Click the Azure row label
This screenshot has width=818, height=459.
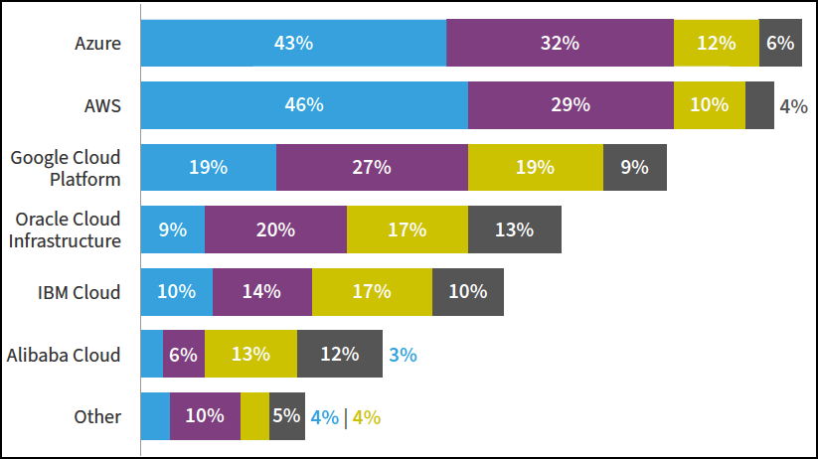click(x=97, y=43)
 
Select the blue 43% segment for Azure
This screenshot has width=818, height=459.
click(x=293, y=43)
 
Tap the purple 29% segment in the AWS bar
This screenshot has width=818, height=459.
click(x=571, y=105)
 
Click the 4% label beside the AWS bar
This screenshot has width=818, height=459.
click(x=793, y=105)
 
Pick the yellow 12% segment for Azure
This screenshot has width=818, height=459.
click(x=716, y=43)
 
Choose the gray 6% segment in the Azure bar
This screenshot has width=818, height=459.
click(x=780, y=43)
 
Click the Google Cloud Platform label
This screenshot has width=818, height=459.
click(x=66, y=168)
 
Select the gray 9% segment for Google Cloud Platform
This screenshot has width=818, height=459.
click(x=634, y=167)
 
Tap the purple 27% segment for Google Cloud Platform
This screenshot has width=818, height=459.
click(x=372, y=167)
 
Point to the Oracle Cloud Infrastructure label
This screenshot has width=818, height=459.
click(x=66, y=229)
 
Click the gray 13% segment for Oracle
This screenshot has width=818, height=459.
click(x=514, y=229)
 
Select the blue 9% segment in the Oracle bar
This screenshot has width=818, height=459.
click(x=172, y=229)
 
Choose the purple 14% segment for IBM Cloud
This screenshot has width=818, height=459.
click(x=262, y=292)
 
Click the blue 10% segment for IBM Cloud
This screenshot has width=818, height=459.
click(x=176, y=292)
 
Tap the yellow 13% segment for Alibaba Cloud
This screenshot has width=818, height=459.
click(x=250, y=354)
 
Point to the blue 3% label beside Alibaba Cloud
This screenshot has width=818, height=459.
click(x=403, y=354)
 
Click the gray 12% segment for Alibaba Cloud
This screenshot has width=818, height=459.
click(x=339, y=354)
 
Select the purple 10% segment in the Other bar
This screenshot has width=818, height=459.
click(x=205, y=416)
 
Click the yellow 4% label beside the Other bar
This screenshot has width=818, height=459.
click(x=367, y=417)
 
